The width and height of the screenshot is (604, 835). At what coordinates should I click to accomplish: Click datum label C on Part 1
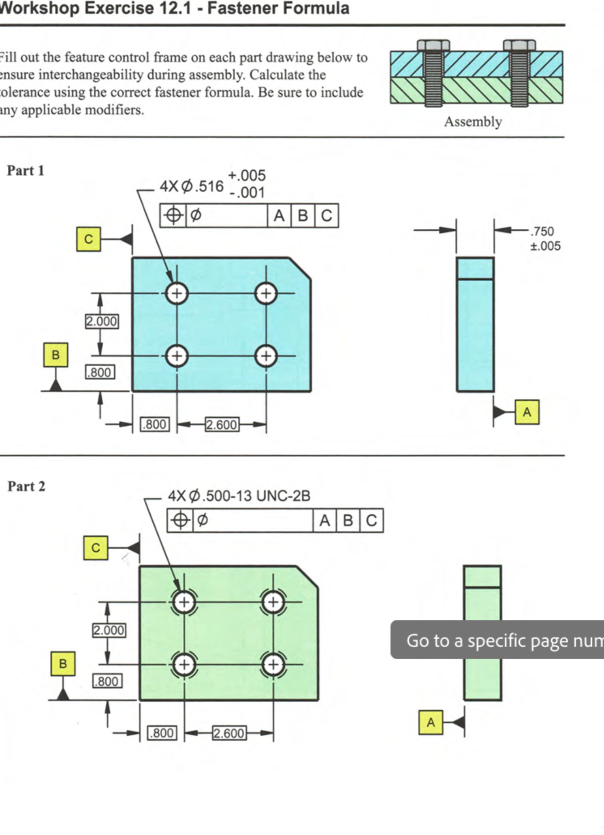(88, 239)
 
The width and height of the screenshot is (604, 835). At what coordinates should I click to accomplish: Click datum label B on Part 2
(63, 664)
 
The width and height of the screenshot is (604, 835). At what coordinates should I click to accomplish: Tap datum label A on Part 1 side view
(527, 412)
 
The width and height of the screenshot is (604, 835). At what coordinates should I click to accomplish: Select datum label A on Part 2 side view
(431, 722)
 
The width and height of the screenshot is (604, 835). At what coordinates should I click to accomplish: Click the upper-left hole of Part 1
(177, 293)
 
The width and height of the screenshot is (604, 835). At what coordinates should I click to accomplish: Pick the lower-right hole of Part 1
(266, 356)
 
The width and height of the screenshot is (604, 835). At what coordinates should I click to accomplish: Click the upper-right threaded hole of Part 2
(273, 602)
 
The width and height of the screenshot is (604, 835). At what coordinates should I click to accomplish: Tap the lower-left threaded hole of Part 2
(184, 665)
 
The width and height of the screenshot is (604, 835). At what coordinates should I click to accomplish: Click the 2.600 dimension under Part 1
(222, 425)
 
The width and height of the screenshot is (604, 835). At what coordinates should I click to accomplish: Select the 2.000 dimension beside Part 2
(109, 630)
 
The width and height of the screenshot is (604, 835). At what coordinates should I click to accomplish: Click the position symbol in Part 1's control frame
(173, 215)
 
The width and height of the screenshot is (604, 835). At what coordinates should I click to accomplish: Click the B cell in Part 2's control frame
(348, 520)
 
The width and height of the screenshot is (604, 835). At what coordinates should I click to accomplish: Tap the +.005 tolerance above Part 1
(247, 175)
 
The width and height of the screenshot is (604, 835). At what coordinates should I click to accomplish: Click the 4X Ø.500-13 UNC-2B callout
(239, 495)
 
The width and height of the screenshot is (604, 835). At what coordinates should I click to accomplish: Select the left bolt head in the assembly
(433, 45)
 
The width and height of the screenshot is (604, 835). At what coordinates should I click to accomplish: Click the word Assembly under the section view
(473, 121)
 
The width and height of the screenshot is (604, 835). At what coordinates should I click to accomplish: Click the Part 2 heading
(26, 486)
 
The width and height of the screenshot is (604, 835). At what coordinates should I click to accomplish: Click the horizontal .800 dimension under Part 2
(162, 733)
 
